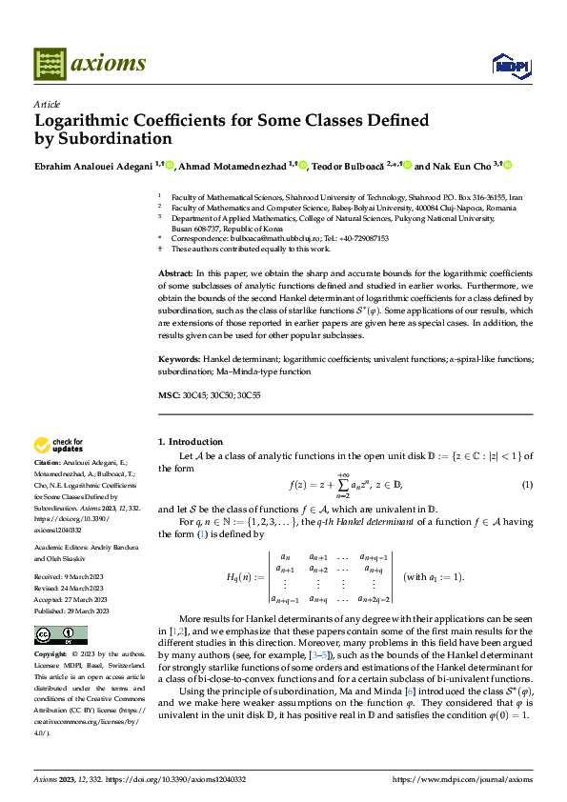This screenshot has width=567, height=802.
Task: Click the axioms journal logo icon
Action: [51, 64]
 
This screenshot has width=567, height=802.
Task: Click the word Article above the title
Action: [46, 104]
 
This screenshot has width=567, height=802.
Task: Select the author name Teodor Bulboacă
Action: [352, 165]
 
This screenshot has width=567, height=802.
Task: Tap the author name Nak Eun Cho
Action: [456, 165]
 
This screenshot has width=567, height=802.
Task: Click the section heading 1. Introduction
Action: [190, 442]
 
